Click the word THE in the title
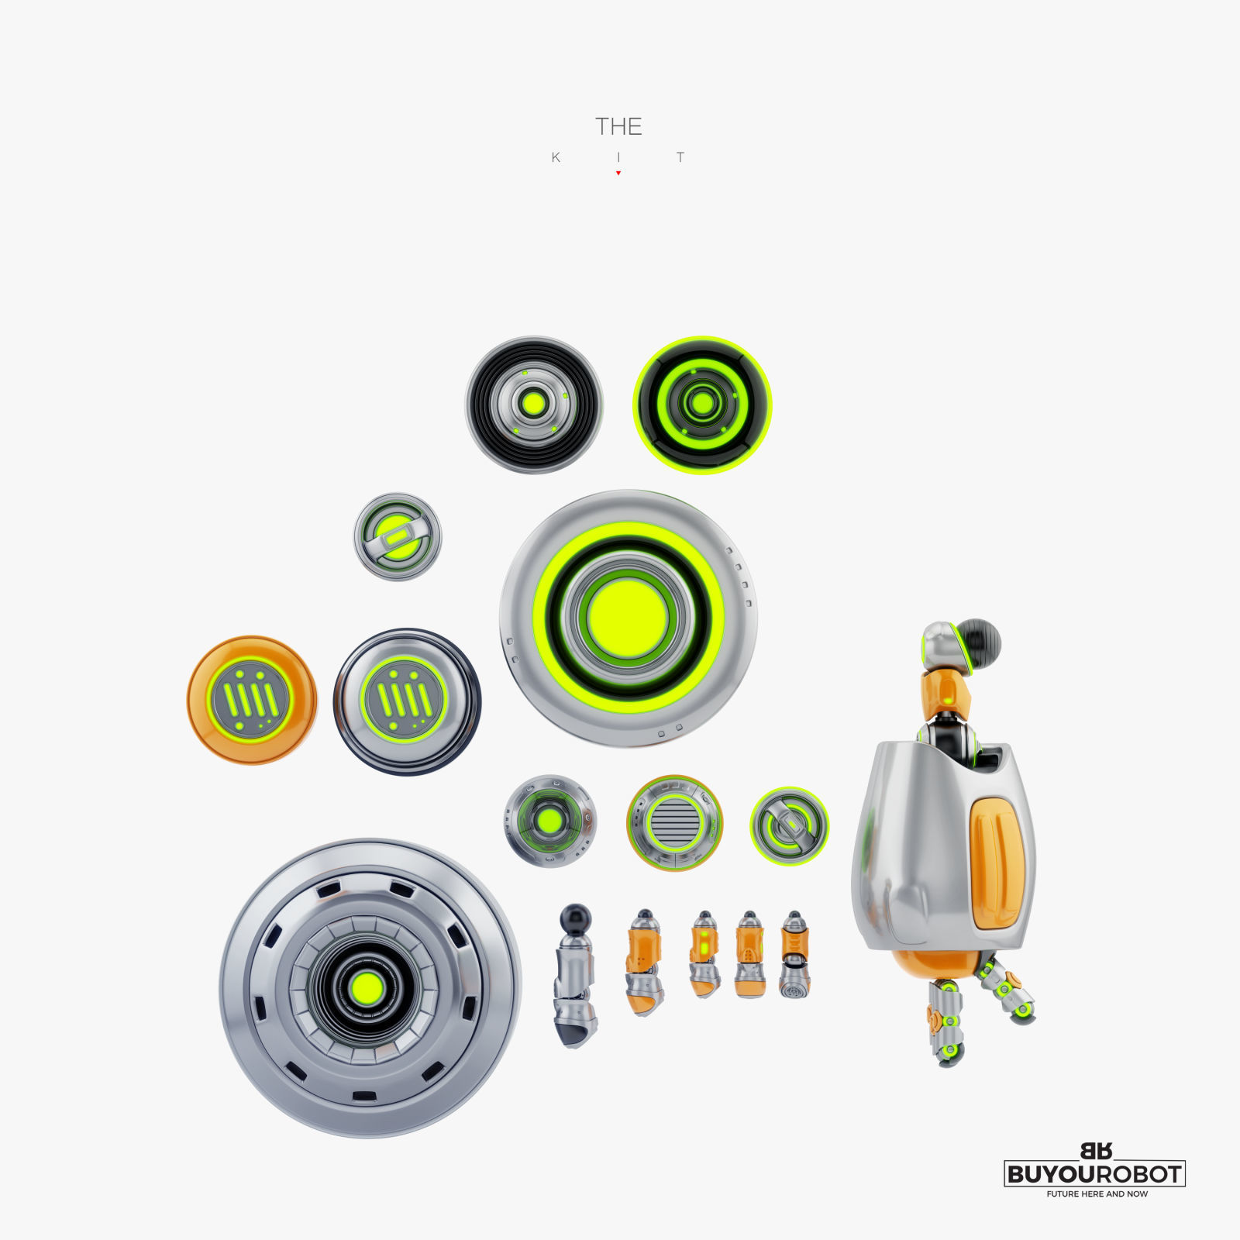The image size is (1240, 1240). click(618, 126)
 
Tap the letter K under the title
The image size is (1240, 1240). click(556, 157)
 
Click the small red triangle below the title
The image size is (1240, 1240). click(618, 173)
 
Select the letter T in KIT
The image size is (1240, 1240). click(680, 157)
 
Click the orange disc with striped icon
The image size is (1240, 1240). click(252, 700)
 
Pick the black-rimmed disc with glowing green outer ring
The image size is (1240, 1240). click(702, 405)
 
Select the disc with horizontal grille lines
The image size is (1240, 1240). click(674, 822)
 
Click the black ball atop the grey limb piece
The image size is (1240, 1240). click(575, 916)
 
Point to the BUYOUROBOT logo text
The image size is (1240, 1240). click(1094, 1173)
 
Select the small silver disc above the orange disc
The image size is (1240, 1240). click(398, 536)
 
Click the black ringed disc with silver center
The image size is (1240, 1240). click(534, 405)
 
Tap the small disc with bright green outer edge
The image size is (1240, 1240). click(789, 825)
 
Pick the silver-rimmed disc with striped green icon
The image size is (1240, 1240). click(406, 701)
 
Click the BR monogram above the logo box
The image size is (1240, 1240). click(1096, 1151)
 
